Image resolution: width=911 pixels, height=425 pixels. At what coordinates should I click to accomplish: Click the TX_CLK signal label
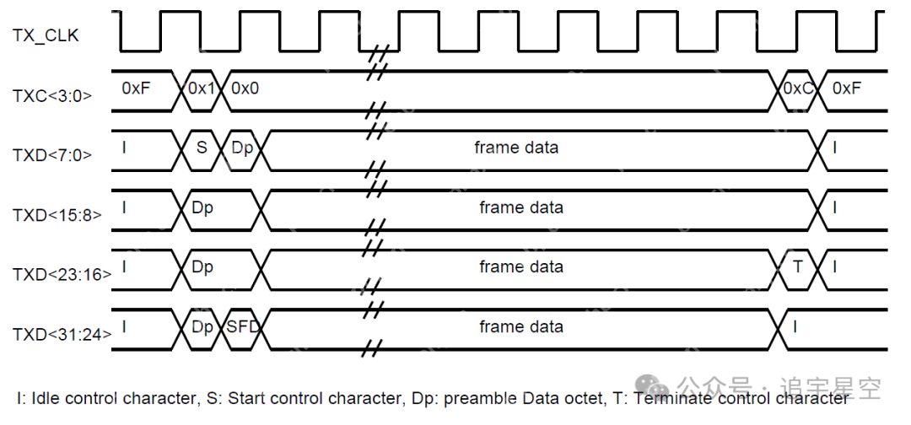click(x=46, y=35)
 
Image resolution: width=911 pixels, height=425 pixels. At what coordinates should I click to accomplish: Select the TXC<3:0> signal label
click(x=52, y=96)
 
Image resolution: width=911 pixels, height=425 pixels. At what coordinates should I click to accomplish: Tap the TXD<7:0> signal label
click(x=52, y=155)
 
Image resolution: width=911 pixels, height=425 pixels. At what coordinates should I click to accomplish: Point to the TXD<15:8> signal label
click(x=57, y=214)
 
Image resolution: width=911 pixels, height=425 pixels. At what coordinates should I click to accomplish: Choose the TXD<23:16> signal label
click(x=61, y=274)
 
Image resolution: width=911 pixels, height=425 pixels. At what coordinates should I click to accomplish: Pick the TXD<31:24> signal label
click(x=61, y=334)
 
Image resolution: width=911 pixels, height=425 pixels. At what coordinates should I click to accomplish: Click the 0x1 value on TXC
click(x=202, y=88)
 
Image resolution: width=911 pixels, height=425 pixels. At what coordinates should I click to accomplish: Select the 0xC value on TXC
click(x=797, y=88)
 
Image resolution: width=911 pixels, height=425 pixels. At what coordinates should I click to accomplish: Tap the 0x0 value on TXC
click(x=245, y=88)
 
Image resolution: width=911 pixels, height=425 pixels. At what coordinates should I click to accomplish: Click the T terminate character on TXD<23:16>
click(x=798, y=266)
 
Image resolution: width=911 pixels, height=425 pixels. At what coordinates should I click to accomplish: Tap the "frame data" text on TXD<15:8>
click(x=520, y=207)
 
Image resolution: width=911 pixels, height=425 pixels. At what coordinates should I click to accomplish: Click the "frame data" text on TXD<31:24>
click(x=520, y=326)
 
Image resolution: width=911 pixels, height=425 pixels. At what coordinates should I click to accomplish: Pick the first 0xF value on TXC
click(x=136, y=88)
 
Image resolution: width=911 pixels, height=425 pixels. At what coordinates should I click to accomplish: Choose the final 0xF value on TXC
click(x=847, y=88)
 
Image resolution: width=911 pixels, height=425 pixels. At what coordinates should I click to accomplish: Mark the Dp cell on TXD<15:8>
click(x=202, y=207)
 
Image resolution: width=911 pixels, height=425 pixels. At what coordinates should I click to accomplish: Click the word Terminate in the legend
click(x=667, y=398)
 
